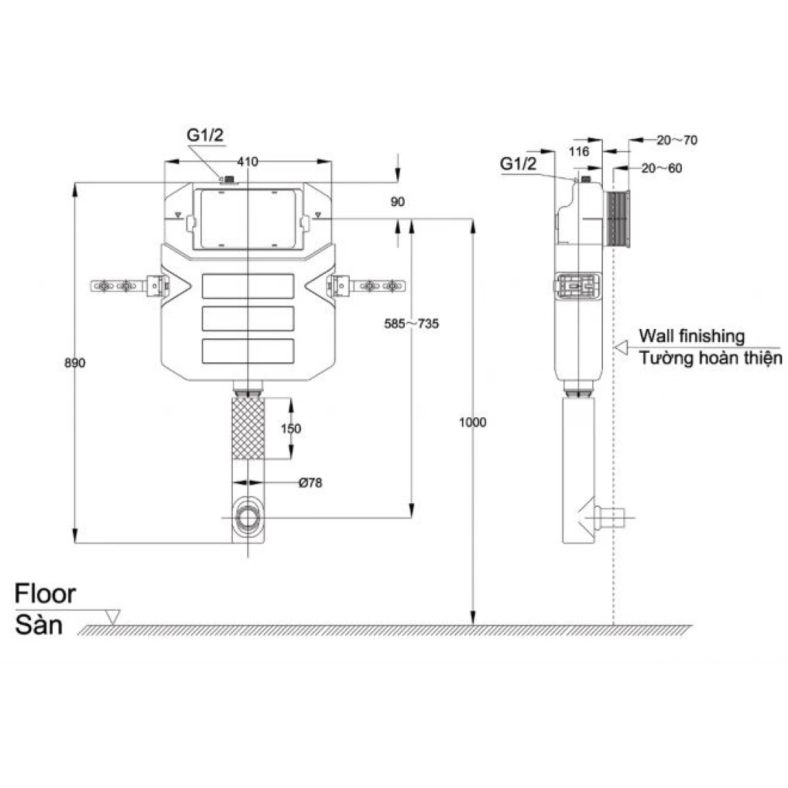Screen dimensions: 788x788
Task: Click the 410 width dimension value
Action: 248,162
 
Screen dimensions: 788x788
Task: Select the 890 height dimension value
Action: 75,363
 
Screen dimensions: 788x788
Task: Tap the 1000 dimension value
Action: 473,422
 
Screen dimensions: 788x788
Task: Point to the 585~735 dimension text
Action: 411,324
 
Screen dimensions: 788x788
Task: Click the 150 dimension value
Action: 291,429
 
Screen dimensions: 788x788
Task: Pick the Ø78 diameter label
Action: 310,483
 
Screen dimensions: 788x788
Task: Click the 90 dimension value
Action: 398,202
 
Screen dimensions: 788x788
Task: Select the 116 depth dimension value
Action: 579,151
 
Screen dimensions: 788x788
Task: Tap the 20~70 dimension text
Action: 677,140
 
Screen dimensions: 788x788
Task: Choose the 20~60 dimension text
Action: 662,168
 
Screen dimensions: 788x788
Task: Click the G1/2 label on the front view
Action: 205,135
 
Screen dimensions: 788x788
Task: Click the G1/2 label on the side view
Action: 518,163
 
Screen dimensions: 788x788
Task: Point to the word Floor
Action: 46,594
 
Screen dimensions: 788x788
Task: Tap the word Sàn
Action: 39,625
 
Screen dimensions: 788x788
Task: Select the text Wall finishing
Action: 692,335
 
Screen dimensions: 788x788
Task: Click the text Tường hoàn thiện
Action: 711,358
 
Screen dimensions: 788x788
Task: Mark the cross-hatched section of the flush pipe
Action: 248,429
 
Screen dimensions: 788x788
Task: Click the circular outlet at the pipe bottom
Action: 248,518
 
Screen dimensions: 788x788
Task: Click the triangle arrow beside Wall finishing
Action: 621,347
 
